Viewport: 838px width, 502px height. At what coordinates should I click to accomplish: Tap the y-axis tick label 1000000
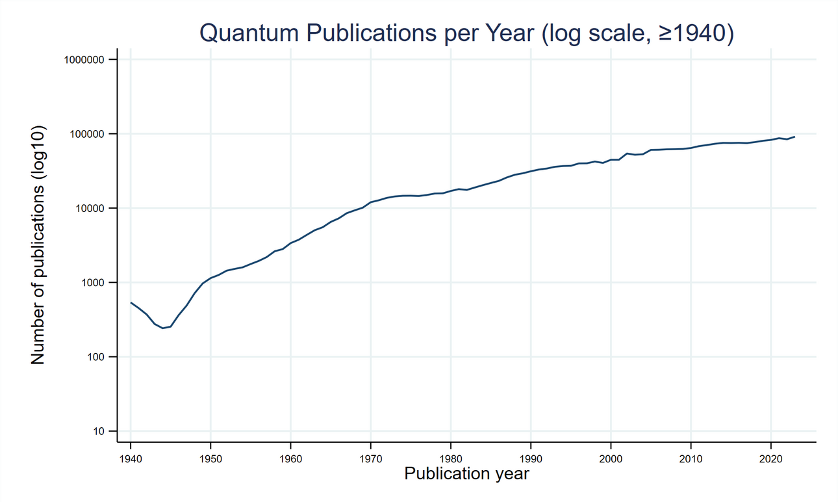[84, 60]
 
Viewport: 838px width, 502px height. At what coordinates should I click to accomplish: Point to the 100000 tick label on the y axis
[87, 134]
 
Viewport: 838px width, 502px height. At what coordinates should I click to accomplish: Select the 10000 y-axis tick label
[90, 209]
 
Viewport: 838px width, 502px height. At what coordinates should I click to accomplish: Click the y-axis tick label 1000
[93, 283]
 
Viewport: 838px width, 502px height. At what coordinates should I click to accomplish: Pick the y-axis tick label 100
[95, 357]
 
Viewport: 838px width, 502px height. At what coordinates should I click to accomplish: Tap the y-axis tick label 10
[98, 432]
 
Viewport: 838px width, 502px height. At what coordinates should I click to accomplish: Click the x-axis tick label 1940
[131, 459]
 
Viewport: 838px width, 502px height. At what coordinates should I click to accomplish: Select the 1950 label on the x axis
[210, 459]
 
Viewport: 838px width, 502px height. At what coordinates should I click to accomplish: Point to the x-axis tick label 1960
[290, 459]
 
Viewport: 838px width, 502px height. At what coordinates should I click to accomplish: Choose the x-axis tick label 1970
[371, 459]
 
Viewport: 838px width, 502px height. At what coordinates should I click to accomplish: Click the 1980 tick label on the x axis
[451, 459]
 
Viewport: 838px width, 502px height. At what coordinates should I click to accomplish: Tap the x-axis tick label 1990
[531, 459]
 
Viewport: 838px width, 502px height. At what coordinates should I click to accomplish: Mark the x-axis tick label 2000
[611, 459]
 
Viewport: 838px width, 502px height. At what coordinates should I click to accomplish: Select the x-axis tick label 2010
[691, 459]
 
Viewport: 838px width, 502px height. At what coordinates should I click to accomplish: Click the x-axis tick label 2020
[771, 459]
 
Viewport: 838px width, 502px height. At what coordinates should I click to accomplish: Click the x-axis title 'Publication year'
[466, 474]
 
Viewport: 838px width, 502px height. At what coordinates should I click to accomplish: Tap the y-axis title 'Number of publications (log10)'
[38, 245]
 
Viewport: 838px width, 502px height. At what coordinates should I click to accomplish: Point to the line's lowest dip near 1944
[163, 328]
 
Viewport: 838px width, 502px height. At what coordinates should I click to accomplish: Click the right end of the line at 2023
[794, 137]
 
